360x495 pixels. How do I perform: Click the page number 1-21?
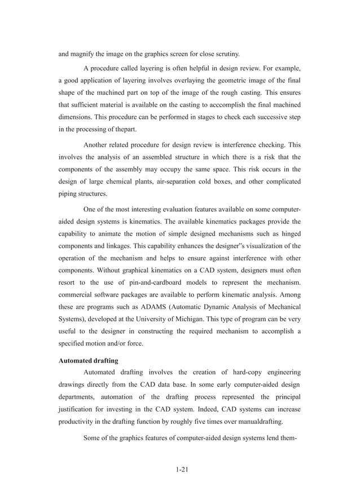[x=180, y=469]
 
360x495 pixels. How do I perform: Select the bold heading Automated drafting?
[x=89, y=358]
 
